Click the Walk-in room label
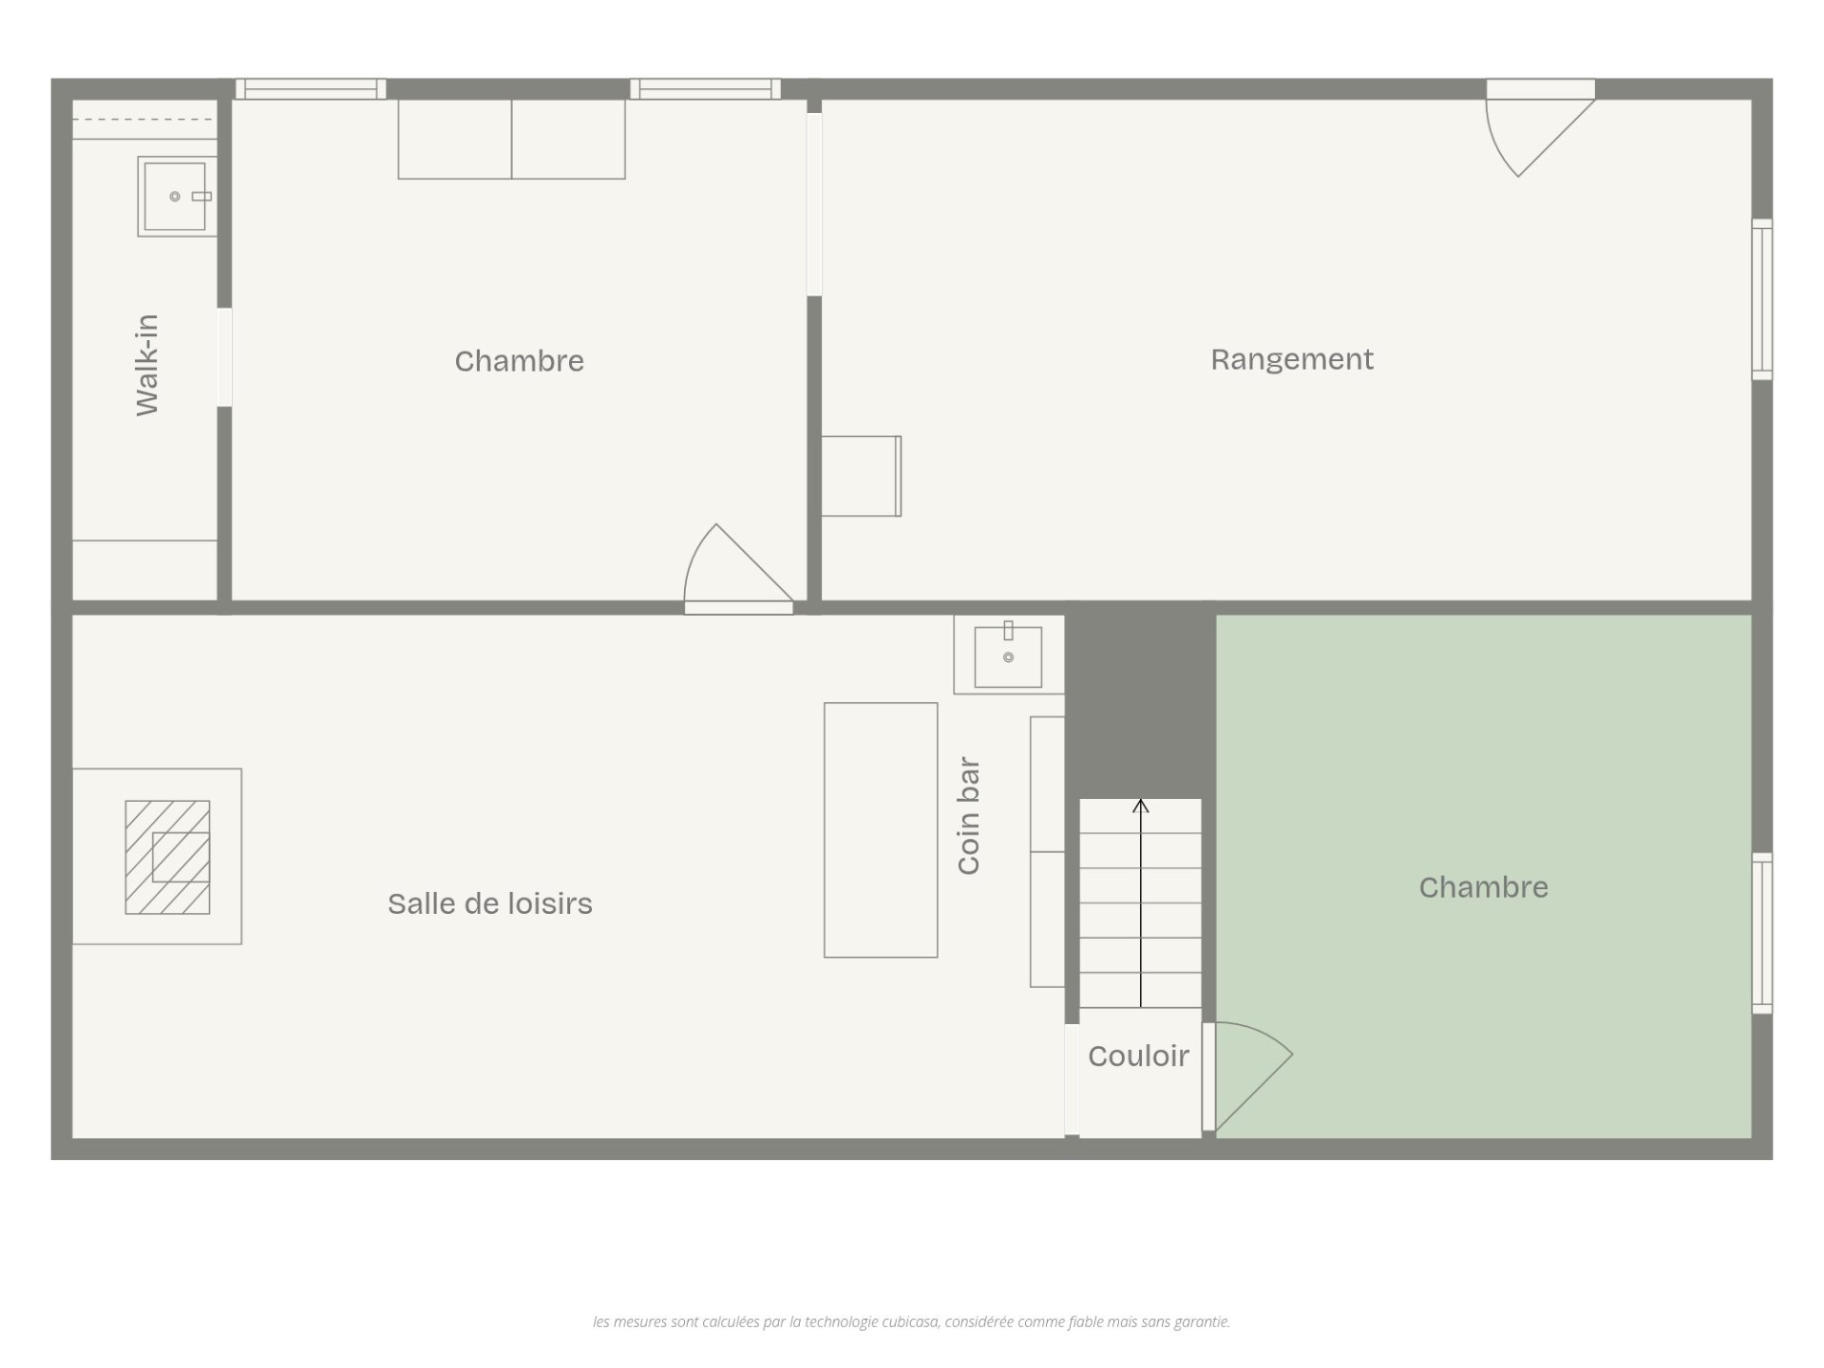click(x=147, y=365)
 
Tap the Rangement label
click(x=1292, y=359)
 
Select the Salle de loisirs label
click(x=490, y=903)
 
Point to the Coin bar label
click(x=968, y=815)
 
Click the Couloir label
click(x=1138, y=1055)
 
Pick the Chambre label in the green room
click(x=1484, y=887)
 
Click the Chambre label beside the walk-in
click(x=519, y=361)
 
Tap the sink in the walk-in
click(x=177, y=197)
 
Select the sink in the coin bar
click(x=1008, y=655)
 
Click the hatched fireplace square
click(x=167, y=857)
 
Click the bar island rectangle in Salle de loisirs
click(x=881, y=830)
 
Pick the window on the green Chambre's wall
click(x=1762, y=933)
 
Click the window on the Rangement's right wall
click(x=1762, y=299)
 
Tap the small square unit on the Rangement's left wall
click(x=861, y=476)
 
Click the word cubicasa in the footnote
click(x=911, y=1321)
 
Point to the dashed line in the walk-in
click(x=144, y=120)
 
